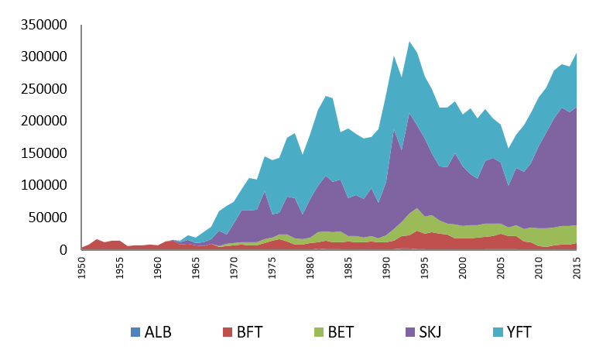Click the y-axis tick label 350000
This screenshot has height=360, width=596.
pyautogui.click(x=43, y=25)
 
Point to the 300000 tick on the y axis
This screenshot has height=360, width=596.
pyautogui.click(x=43, y=57)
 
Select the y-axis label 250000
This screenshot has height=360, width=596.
pyautogui.click(x=43, y=89)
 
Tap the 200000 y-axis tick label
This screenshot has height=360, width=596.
pyautogui.click(x=43, y=122)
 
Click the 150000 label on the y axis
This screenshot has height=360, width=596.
pyautogui.click(x=43, y=154)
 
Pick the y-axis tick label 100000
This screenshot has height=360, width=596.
pyautogui.click(x=43, y=186)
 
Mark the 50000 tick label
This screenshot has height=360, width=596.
pyautogui.click(x=48, y=218)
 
